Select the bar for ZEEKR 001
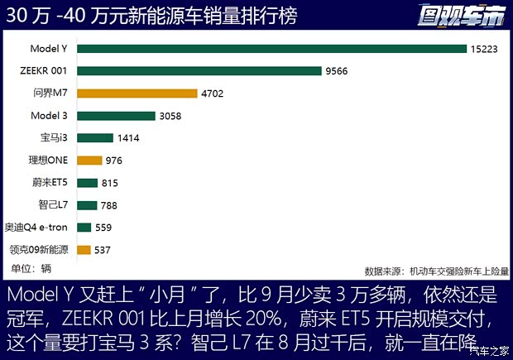[199, 71]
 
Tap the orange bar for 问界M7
[137, 94]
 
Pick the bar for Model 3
[116, 116]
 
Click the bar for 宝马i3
[94, 138]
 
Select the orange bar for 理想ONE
[89, 161]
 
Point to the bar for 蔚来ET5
[87, 182]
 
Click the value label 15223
[487, 49]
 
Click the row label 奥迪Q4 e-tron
[38, 227]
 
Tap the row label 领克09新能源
[40, 249]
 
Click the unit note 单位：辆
[31, 267]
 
